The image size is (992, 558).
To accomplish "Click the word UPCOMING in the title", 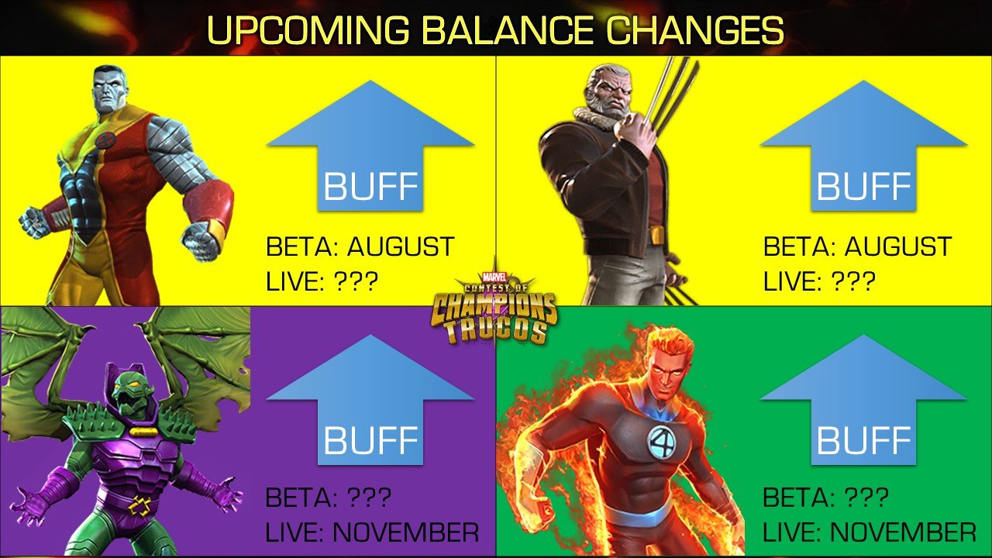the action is [x=308, y=30].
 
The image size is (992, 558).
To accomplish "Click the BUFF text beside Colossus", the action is [x=370, y=187].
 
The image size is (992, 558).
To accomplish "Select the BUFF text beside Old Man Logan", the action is [x=863, y=187].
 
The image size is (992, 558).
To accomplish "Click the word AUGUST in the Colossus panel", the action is [x=401, y=246].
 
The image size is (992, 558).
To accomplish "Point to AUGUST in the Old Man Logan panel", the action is [x=898, y=246].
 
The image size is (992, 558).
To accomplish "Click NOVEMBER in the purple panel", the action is [x=405, y=532].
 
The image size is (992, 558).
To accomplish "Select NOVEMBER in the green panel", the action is [x=903, y=532].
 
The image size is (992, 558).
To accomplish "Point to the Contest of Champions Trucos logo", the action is [x=494, y=308].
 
